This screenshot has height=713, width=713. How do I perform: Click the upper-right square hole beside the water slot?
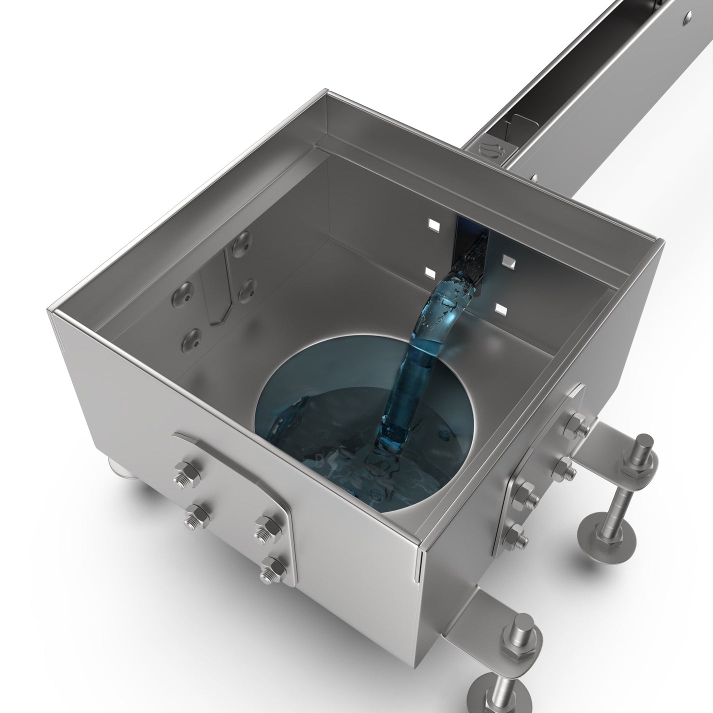point(508,260)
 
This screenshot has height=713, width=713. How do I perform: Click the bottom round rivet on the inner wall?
point(192,339)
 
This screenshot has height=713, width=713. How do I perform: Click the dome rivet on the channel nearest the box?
point(533,178)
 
